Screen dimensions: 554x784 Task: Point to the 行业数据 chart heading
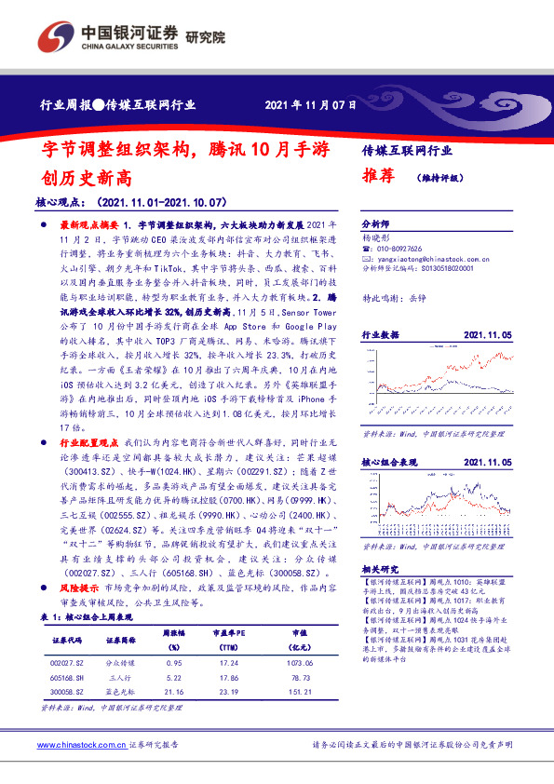tap(380, 333)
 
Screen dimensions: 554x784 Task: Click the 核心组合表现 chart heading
tap(386, 461)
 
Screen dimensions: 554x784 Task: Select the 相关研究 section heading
tap(380, 568)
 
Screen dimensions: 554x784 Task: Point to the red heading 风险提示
tap(79, 589)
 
